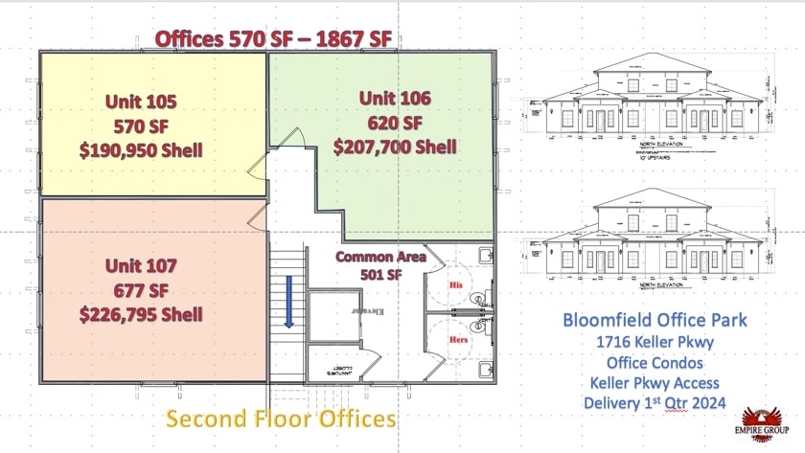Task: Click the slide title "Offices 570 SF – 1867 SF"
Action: coord(273,38)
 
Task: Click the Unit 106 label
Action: coord(394,98)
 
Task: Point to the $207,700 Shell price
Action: coord(394,147)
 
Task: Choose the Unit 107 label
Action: coord(141,265)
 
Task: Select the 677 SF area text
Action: coord(141,289)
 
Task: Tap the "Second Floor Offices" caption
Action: coord(281,419)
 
